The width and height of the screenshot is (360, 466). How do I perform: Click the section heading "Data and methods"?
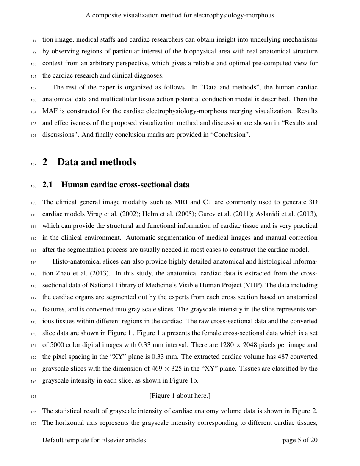click(x=97, y=162)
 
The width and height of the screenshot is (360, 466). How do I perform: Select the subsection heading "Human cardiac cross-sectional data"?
click(x=125, y=185)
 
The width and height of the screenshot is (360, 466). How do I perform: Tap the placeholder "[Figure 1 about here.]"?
click(x=180, y=396)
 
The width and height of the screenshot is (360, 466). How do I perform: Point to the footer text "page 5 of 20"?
click(x=300, y=440)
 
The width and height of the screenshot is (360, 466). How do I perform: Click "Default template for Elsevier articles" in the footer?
click(x=94, y=440)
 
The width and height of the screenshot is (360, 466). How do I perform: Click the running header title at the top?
click(x=180, y=15)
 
